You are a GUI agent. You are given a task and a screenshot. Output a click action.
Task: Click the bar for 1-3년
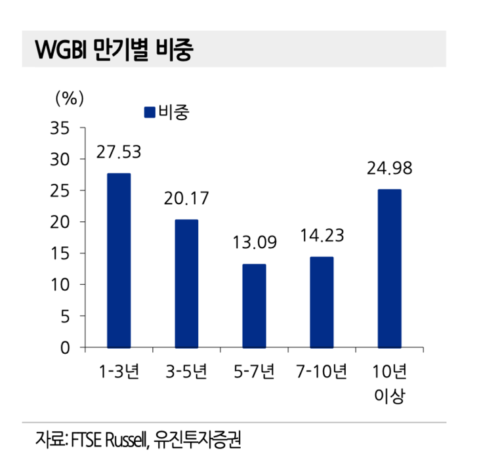tap(119, 260)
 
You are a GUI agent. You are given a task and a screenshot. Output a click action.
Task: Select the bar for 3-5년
tap(186, 283)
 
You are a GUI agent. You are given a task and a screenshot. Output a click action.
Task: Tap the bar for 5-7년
tap(254, 305)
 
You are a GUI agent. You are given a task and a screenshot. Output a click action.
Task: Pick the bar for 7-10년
tap(322, 301)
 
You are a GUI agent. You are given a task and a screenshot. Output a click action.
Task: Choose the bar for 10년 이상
tap(389, 268)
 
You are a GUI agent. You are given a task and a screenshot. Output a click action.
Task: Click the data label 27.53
tap(119, 152)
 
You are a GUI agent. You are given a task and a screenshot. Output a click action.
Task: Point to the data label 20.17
tap(186, 198)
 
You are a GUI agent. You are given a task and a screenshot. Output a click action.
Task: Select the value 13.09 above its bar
tap(255, 242)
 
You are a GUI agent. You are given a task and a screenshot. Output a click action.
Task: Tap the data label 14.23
tap(322, 235)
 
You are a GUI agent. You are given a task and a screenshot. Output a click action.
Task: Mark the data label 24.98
tap(390, 169)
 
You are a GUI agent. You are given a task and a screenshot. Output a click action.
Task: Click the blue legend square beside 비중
tap(150, 112)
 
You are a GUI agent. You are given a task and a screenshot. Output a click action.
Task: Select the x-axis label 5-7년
tap(254, 373)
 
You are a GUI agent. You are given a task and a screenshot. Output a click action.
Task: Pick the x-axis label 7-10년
tap(322, 373)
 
